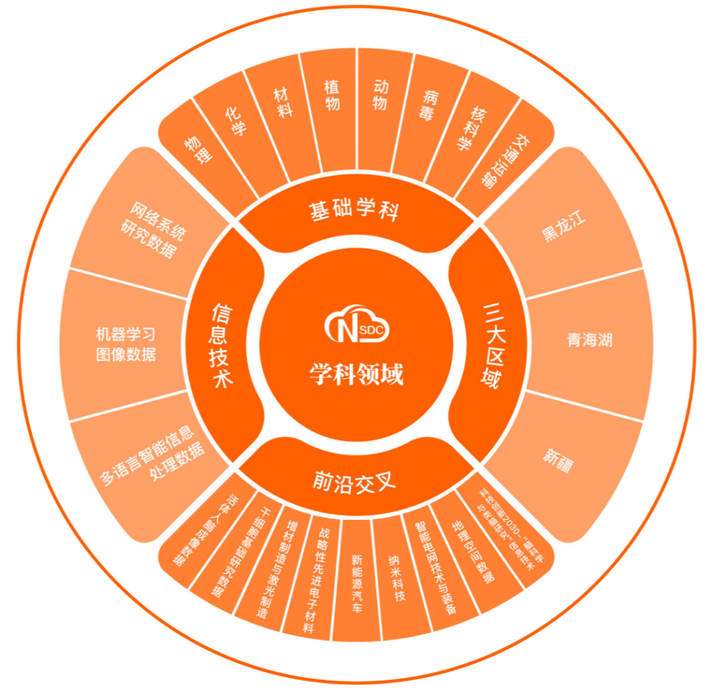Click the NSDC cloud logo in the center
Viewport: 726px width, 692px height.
tap(356, 326)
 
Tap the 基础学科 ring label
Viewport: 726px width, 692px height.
tap(354, 210)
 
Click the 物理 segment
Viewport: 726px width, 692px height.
tap(198, 149)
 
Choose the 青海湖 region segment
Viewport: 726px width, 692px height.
tap(590, 340)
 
